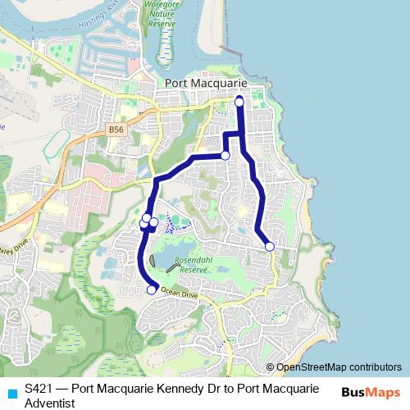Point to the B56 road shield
(x=117, y=129)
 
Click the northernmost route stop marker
(x=239, y=101)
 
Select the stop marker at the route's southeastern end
(x=270, y=246)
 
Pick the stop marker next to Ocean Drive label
(x=152, y=289)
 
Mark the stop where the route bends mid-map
(x=225, y=155)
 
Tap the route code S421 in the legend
(x=39, y=389)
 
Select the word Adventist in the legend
(x=50, y=403)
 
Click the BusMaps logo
(x=371, y=390)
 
